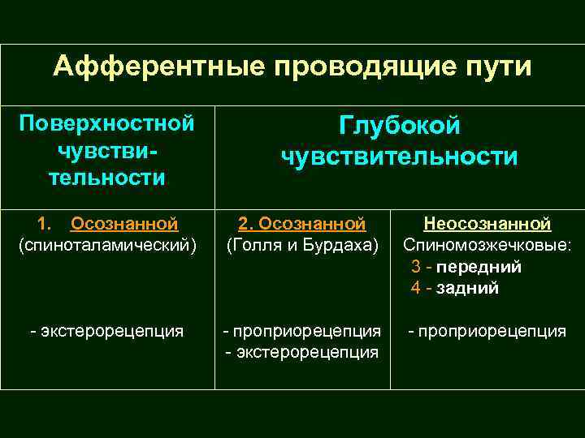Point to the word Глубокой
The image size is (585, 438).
[399, 127]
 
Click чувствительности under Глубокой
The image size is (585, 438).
[399, 156]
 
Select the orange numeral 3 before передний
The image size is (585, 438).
[416, 267]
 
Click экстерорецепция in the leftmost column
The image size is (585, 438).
[112, 331]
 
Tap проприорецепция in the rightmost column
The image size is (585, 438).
[492, 331]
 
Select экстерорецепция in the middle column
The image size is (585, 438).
[306, 352]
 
